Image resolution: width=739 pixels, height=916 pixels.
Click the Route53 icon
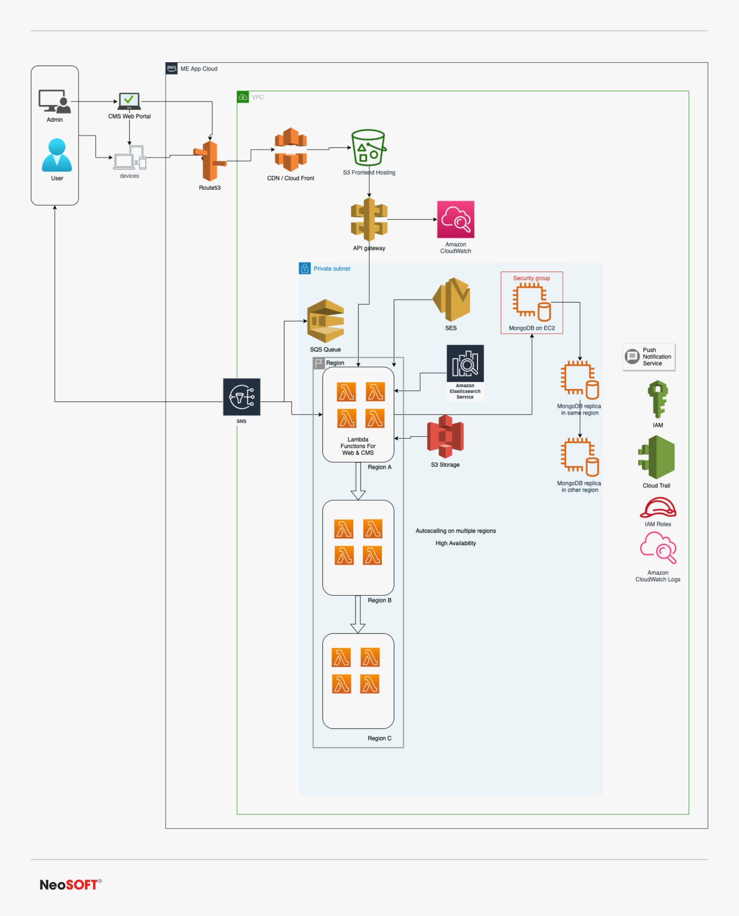[x=210, y=161]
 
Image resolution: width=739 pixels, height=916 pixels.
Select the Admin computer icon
[x=54, y=102]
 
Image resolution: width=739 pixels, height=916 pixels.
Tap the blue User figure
[x=57, y=156]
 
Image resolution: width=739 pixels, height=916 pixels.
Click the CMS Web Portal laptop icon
[x=129, y=101]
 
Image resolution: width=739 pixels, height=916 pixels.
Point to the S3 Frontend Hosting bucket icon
[x=368, y=148]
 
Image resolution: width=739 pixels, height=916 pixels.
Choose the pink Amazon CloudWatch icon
[x=456, y=220]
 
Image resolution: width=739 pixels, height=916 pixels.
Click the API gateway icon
[x=369, y=220]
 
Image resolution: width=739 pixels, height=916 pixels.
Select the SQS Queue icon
[x=325, y=321]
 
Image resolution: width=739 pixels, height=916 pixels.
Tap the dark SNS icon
[x=241, y=397]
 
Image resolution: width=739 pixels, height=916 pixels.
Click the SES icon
[x=452, y=299]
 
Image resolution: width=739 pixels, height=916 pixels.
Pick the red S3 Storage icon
[x=445, y=436]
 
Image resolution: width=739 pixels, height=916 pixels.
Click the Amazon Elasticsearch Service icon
[x=465, y=363]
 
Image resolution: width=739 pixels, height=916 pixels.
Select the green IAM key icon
[x=658, y=399]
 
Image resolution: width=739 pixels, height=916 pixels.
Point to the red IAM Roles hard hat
[x=658, y=508]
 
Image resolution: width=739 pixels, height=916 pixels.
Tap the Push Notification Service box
[x=649, y=357]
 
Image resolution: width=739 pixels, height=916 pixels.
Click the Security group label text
[x=531, y=278]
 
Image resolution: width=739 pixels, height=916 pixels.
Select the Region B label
[x=379, y=600]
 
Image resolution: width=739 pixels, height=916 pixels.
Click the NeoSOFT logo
[x=70, y=885]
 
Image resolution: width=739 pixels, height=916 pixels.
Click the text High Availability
[x=456, y=543]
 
